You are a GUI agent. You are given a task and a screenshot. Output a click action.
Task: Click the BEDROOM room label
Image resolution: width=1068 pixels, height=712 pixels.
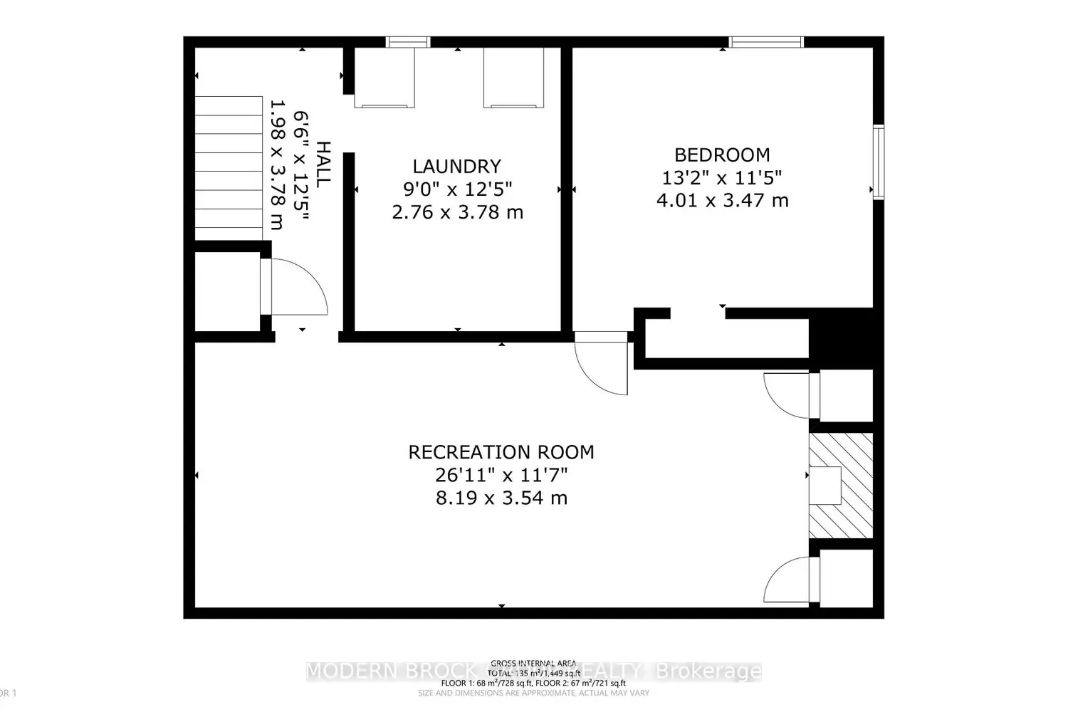point(722,155)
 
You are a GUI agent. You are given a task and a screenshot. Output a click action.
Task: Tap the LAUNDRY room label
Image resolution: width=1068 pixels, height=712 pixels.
point(457,166)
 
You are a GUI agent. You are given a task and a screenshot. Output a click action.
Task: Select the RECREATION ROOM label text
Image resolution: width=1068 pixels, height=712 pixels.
point(501,452)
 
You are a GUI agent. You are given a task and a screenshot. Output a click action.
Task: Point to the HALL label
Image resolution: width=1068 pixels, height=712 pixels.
point(323,164)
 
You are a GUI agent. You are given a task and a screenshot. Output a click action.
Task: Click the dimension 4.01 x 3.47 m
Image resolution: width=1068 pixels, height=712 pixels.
point(722,200)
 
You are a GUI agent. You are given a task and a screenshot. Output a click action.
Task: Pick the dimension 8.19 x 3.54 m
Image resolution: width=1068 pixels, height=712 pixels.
point(501,498)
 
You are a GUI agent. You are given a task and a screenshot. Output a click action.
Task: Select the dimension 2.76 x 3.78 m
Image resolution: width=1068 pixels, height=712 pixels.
point(457,212)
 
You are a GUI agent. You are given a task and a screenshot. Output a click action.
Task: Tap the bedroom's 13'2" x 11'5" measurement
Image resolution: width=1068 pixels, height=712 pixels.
point(722,177)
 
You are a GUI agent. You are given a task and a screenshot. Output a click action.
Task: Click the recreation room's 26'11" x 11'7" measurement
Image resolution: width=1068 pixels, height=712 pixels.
point(501,475)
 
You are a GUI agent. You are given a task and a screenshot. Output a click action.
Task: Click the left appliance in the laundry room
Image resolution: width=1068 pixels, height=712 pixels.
point(384,78)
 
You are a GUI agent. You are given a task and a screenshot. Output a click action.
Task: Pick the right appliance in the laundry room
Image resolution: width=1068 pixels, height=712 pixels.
point(513,78)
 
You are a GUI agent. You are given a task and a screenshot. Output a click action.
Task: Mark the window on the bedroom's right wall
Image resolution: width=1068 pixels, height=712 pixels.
point(879,162)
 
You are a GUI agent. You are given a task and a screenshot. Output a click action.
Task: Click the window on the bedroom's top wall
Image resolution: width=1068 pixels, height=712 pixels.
point(766,42)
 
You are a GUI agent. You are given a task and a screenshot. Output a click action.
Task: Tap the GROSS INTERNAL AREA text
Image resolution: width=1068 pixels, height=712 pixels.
point(533,664)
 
